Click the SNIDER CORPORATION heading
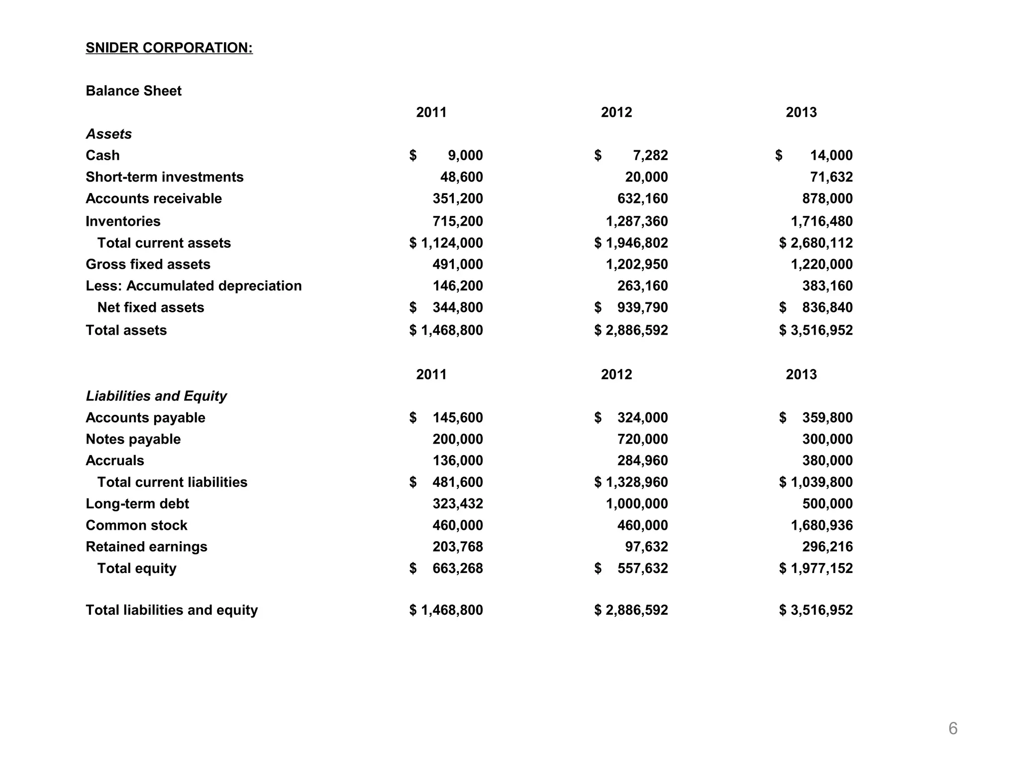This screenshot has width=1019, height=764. click(169, 48)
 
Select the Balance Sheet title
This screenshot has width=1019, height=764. click(133, 91)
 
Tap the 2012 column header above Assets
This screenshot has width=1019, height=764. click(616, 112)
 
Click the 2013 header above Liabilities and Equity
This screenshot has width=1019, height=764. click(801, 374)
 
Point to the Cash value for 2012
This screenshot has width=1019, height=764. click(650, 155)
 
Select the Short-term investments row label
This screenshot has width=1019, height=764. click(164, 177)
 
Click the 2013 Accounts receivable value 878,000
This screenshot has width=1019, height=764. click(827, 198)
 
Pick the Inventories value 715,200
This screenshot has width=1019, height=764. click(457, 221)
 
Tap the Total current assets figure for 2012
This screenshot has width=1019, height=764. click(636, 243)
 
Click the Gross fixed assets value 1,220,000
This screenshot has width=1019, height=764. click(821, 264)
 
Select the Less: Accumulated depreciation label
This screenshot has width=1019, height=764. click(194, 286)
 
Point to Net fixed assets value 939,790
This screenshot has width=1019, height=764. click(642, 307)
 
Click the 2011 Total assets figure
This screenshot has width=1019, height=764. click(451, 330)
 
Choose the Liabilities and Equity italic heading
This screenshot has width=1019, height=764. click(156, 396)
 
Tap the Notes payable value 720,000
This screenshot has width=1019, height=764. click(642, 439)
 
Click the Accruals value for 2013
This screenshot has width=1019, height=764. click(827, 461)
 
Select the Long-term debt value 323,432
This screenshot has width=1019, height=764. click(457, 504)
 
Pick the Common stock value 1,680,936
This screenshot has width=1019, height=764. click(821, 525)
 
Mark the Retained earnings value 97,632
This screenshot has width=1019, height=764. click(646, 547)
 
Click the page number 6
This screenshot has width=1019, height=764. click(952, 728)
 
